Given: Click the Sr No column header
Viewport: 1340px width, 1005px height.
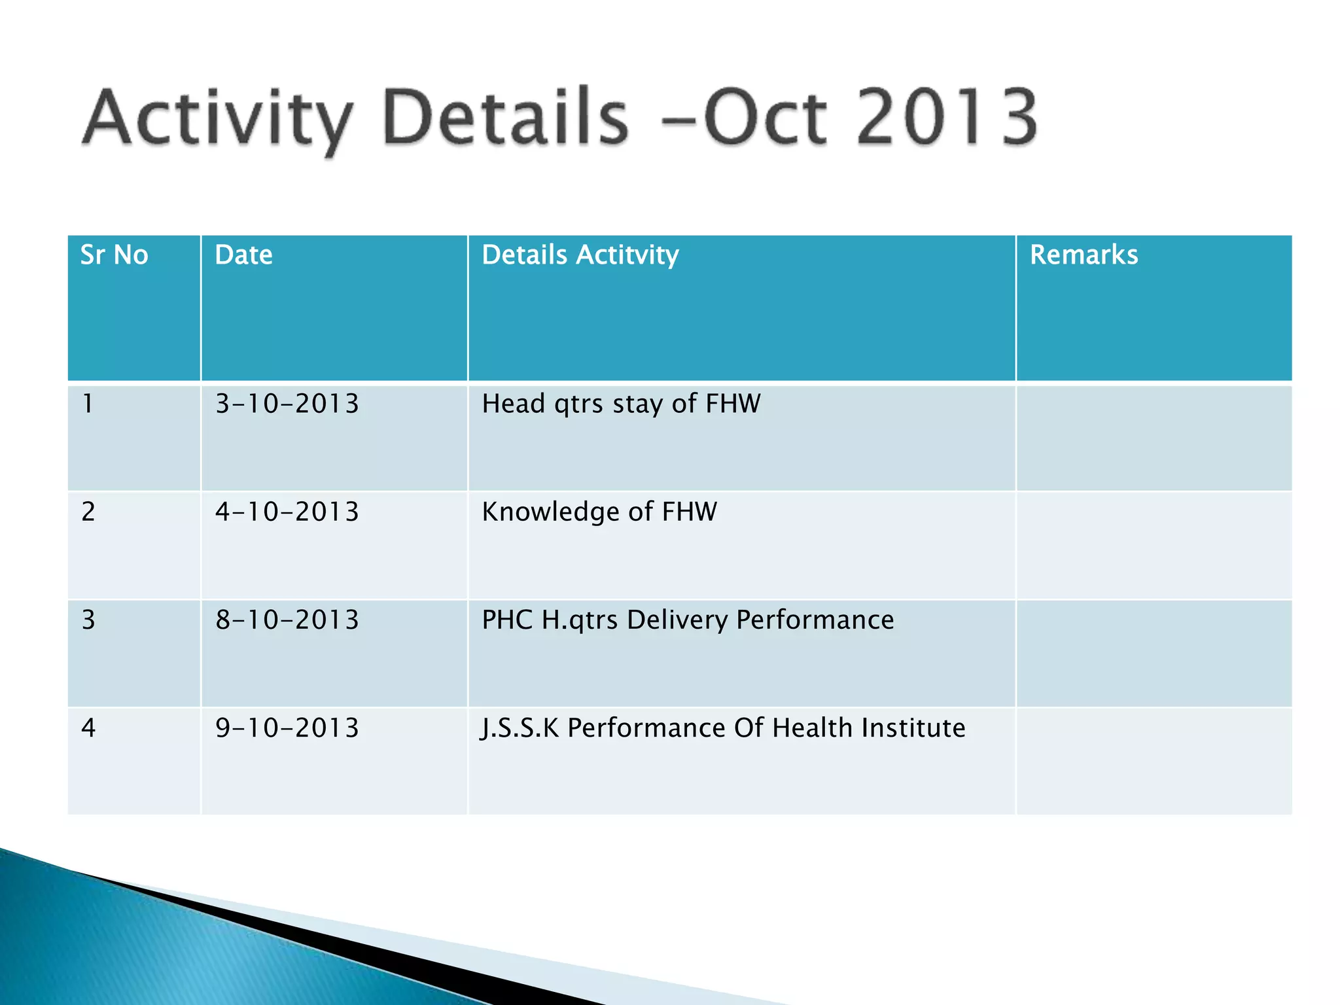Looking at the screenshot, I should (x=114, y=255).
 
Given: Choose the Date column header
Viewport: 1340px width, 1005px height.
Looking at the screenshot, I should (x=243, y=255).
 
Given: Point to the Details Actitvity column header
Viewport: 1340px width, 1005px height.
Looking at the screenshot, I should (x=580, y=255).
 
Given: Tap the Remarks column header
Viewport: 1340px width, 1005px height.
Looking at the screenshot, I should (x=1084, y=255).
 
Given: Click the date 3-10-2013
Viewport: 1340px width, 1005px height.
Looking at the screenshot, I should (x=287, y=404).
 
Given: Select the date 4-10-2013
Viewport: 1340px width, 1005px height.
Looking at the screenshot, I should (x=287, y=512).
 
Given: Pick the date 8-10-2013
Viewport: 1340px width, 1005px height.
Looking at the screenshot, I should (x=287, y=620).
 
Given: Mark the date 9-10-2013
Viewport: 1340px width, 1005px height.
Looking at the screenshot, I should (x=287, y=728).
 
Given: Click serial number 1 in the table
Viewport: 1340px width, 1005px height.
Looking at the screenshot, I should (x=88, y=404).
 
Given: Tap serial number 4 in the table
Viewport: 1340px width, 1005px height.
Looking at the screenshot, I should (x=88, y=728).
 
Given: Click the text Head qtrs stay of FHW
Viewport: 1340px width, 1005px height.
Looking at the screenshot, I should (x=621, y=404).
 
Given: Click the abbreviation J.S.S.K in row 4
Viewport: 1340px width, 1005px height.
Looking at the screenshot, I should (x=520, y=728).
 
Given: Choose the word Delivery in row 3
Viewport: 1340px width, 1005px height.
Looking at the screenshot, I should (x=677, y=620).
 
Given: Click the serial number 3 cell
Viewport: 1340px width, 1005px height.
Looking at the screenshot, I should (x=88, y=620).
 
